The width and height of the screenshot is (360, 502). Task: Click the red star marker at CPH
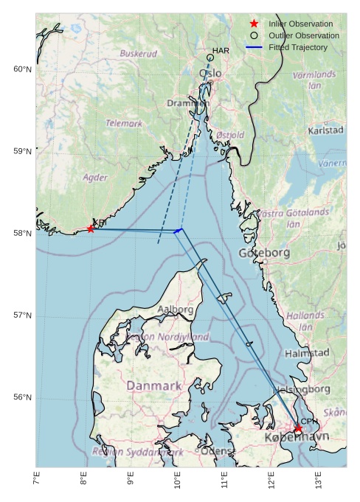tap(298, 428)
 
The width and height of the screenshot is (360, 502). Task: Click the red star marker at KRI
tap(91, 229)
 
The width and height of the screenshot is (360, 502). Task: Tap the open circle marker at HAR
tap(210, 57)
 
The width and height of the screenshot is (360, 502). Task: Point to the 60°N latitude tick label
tap(23, 69)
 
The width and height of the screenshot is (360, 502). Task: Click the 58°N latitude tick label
tap(23, 234)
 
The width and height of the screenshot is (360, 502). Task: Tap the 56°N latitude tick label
tap(23, 397)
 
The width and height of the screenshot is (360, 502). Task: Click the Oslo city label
tap(210, 74)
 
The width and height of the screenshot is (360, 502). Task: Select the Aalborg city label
tap(176, 310)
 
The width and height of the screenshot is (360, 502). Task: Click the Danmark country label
tap(153, 386)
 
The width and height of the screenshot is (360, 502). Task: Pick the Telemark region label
tap(124, 124)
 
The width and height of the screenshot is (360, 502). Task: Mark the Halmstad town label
tap(307, 353)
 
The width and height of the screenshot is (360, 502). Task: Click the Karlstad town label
tap(325, 130)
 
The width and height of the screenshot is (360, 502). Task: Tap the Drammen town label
tap(187, 103)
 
